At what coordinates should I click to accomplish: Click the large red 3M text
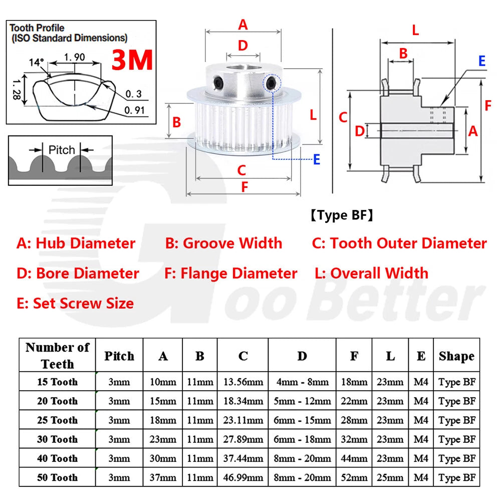(x=132, y=60)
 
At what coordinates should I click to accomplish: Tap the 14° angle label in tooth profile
(x=36, y=62)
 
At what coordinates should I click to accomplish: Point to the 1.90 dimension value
(x=75, y=57)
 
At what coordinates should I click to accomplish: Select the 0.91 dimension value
(x=134, y=110)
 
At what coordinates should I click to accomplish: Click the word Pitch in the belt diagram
(x=61, y=150)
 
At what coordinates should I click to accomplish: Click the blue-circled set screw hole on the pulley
(x=272, y=83)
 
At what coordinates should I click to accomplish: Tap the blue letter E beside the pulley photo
(x=317, y=159)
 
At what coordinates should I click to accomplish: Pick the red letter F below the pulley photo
(x=244, y=187)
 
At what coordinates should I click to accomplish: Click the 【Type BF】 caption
(x=342, y=215)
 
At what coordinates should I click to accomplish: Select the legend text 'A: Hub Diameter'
(x=76, y=243)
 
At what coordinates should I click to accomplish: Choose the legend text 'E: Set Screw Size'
(x=75, y=303)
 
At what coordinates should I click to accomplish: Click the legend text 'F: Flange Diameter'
(x=230, y=274)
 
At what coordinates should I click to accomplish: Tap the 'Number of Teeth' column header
(x=58, y=355)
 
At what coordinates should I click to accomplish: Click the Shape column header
(x=456, y=356)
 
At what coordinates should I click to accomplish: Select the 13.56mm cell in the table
(x=243, y=382)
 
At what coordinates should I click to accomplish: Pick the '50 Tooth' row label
(x=58, y=477)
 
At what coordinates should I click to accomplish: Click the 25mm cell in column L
(x=390, y=477)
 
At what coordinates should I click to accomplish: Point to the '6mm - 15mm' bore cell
(x=302, y=420)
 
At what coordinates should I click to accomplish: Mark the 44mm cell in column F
(x=354, y=458)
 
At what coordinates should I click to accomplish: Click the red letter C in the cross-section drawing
(x=343, y=117)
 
